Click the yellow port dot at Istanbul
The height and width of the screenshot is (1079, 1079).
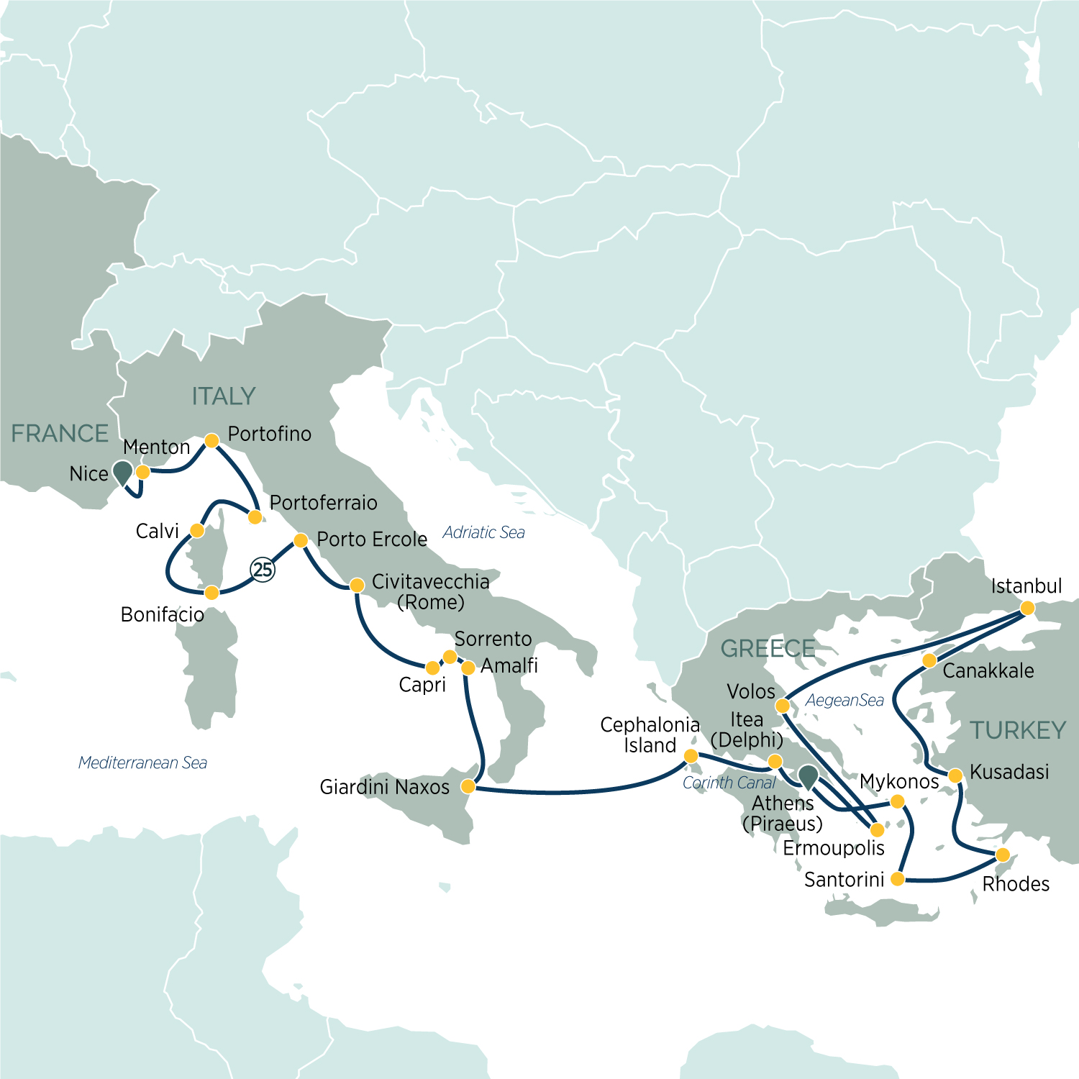coord(1027,609)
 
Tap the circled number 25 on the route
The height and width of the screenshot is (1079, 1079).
coord(263,570)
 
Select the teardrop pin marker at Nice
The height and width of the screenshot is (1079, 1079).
coord(123,472)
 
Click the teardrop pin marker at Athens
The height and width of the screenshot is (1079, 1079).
coord(808,776)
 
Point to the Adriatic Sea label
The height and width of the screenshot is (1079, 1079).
coord(483,532)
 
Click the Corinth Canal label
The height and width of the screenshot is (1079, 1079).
coord(729,783)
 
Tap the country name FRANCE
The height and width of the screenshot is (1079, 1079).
coord(60,434)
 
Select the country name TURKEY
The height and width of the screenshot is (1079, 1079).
coord(1018,731)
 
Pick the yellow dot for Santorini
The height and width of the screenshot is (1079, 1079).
coord(897,879)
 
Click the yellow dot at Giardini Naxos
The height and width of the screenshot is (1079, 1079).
coord(468,786)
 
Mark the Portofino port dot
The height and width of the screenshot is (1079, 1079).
coord(211,440)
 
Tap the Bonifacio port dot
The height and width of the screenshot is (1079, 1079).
coord(211,593)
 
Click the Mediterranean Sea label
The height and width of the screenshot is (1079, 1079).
coord(142,762)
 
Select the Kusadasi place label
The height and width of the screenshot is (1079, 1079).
coord(1009,772)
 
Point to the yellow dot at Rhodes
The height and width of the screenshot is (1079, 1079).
coord(1002,855)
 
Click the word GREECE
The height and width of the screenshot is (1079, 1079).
coord(768,649)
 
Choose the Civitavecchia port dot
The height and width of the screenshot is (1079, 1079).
coord(357,586)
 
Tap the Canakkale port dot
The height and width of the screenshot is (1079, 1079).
coord(929,660)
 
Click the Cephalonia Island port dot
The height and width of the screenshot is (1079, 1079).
coord(691,756)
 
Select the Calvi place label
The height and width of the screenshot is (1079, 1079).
coord(157,531)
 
